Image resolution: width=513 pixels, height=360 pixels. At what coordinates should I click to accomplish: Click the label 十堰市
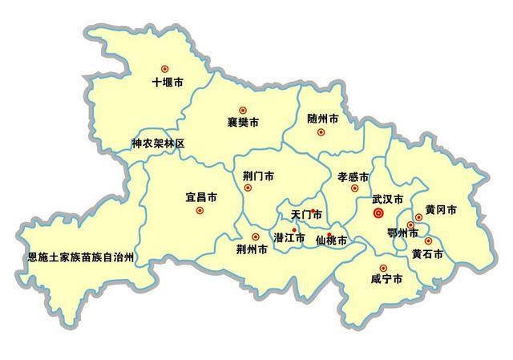[168, 82]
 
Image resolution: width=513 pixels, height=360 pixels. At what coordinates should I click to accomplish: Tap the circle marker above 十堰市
[165, 69]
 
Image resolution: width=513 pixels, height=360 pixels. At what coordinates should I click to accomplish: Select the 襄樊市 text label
[243, 123]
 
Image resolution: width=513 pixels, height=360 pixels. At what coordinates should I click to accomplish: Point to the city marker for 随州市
[321, 131]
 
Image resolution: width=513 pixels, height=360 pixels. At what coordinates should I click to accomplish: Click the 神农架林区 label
[158, 144]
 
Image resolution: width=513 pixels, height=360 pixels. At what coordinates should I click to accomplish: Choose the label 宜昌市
[200, 196]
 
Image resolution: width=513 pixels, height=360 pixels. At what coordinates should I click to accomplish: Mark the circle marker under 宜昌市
[200, 211]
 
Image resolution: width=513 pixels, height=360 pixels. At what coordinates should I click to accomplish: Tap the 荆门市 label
[259, 176]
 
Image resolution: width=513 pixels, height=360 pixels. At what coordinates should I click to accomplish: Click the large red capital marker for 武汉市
[380, 213]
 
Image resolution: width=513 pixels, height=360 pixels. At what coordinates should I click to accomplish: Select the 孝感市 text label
[353, 176]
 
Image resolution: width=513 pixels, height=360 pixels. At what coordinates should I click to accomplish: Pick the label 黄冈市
[441, 210]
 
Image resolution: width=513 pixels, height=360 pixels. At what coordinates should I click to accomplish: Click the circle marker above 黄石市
[428, 241]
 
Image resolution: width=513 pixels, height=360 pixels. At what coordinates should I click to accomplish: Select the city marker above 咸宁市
[382, 268]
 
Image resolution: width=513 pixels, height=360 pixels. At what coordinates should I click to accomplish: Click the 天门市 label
[306, 215]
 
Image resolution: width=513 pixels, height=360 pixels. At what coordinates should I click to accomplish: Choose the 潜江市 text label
[289, 238]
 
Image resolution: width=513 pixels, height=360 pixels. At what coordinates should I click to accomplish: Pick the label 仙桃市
[332, 240]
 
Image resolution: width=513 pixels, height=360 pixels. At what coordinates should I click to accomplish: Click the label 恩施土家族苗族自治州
[80, 258]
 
